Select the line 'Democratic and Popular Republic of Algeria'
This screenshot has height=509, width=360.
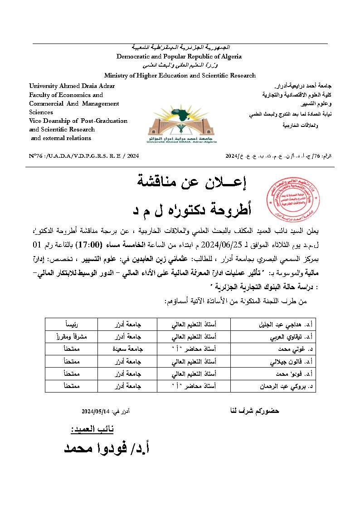coord(179,57)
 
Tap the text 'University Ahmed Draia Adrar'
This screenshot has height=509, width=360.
coord(72,86)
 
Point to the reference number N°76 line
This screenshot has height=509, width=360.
coord(83,156)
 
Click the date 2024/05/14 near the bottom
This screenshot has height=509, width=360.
coord(96,412)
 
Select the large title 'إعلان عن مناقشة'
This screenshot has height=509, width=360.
coord(191,183)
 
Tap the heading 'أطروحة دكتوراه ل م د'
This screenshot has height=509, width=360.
coord(191,209)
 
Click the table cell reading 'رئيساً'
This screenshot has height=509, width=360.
coord(72,325)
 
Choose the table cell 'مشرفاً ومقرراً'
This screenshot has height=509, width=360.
coord(72,337)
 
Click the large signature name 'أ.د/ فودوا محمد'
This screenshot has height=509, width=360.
coord(107,448)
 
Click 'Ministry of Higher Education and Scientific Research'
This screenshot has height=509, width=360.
coord(180,76)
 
